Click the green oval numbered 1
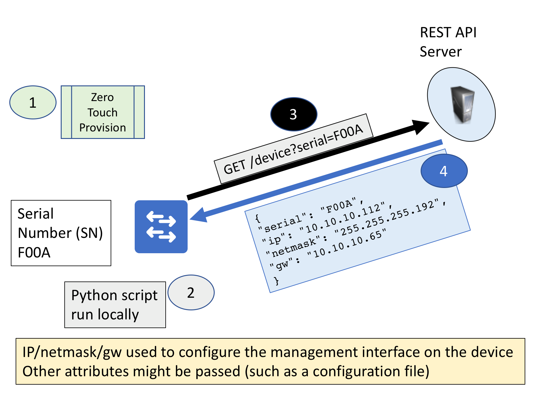point(33,103)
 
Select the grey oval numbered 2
point(191,292)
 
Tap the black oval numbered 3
point(294,114)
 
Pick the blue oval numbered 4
point(444,171)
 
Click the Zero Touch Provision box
point(103,112)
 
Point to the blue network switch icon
point(161,227)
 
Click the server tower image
point(462,105)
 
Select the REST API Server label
point(448,42)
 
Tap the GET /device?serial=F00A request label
point(293,149)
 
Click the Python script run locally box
point(115,305)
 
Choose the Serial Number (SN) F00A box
point(61,233)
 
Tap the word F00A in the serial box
point(34,252)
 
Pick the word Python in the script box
point(91,295)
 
